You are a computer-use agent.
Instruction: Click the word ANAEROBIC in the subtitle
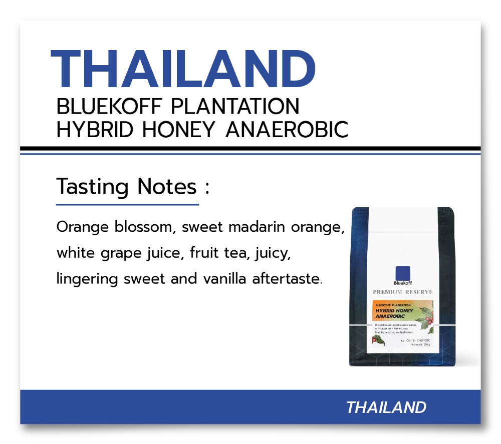[x=287, y=130]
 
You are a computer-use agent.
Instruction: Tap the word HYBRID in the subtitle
[x=96, y=130]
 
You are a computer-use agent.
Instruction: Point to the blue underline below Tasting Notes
[x=127, y=204]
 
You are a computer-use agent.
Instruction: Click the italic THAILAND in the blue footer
[x=386, y=407]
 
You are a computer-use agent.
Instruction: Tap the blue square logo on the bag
[x=403, y=272]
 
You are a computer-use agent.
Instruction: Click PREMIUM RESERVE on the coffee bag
[x=403, y=292]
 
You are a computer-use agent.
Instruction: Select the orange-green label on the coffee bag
[x=402, y=312]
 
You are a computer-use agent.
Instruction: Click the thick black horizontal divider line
[x=250, y=149]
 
